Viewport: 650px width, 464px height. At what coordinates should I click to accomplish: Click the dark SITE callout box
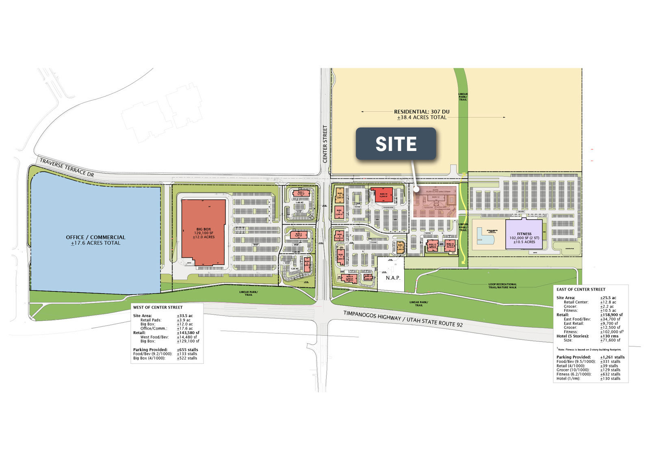tap(396, 144)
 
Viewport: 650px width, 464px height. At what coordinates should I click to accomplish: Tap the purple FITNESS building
tap(524, 234)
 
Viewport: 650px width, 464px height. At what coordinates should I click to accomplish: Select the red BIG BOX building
tap(203, 232)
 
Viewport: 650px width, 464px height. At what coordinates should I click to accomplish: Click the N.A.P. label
tap(393, 278)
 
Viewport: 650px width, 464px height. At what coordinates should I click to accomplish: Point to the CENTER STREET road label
tap(325, 144)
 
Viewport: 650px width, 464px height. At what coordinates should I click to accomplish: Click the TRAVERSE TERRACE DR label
tap(67, 167)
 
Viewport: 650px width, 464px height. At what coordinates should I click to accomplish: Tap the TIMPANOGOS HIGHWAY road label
tap(403, 319)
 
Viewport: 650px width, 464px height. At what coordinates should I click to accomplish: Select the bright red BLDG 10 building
tap(383, 195)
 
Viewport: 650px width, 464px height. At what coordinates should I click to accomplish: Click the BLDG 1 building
tap(301, 194)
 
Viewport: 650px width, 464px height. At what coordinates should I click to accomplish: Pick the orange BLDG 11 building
tap(400, 247)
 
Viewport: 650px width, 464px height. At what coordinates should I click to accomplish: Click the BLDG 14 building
tap(450, 246)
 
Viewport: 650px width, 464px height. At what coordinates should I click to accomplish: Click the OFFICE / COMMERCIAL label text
tap(95, 237)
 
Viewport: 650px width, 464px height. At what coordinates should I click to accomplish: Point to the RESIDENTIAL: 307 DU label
tap(422, 112)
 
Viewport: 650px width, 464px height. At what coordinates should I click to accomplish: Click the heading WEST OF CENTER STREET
tap(158, 307)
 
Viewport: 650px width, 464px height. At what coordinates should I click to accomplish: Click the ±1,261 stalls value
tap(612, 357)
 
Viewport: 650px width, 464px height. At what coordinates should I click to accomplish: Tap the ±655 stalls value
tap(187, 350)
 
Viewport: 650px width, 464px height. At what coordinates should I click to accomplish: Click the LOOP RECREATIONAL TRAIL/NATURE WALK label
tap(503, 286)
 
